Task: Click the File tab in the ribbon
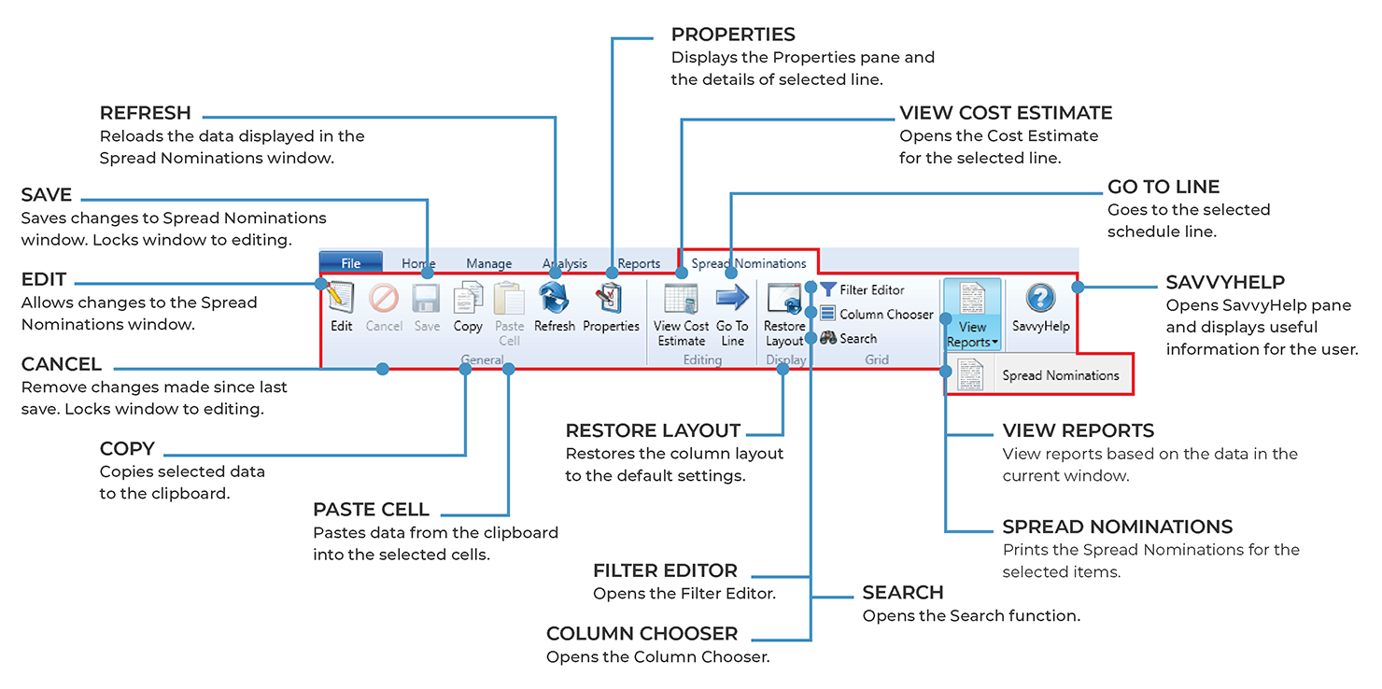pos(350,263)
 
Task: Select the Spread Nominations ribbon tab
pos(748,263)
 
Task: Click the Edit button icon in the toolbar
pos(342,299)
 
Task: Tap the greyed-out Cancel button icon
pos(384,299)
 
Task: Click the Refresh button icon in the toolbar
pos(554,299)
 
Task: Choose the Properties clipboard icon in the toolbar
pos(611,299)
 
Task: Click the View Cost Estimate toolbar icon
pos(682,299)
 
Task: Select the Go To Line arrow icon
pos(732,299)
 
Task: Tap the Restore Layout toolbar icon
pos(783,299)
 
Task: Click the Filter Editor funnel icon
pos(828,290)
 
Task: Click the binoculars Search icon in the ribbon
pos(828,339)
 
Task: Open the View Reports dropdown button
pos(972,314)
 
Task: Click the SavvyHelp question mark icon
pos(1040,299)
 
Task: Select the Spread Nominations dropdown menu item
pos(1060,375)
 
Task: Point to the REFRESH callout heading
pos(146,113)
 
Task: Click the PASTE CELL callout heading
pos(371,510)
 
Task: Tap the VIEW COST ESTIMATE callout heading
pos(1006,113)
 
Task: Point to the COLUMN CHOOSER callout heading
pos(642,634)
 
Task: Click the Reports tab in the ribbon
pos(639,263)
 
